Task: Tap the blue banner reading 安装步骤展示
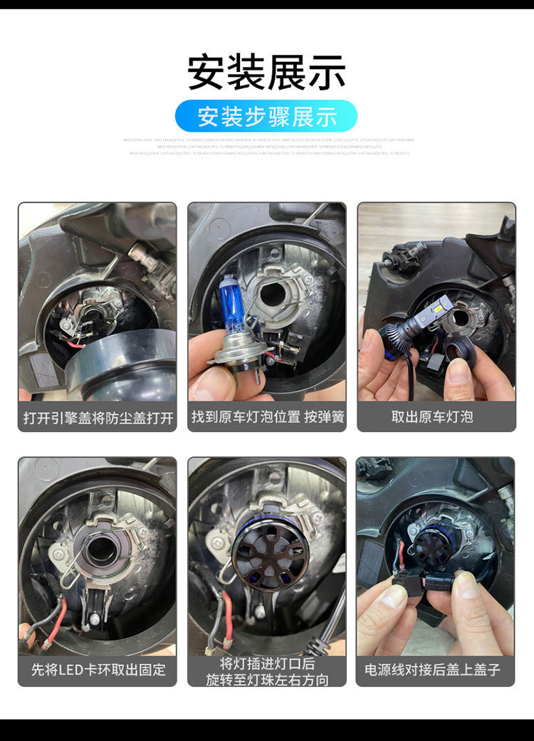(x=266, y=116)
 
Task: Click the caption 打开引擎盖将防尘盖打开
(x=98, y=417)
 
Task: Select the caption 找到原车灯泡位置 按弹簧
(x=267, y=417)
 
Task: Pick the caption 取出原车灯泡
(x=436, y=417)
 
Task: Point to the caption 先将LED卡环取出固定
(x=98, y=670)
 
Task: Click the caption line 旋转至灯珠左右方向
(x=267, y=680)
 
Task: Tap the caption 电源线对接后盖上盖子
(x=436, y=670)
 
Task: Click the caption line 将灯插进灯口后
(x=267, y=663)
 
